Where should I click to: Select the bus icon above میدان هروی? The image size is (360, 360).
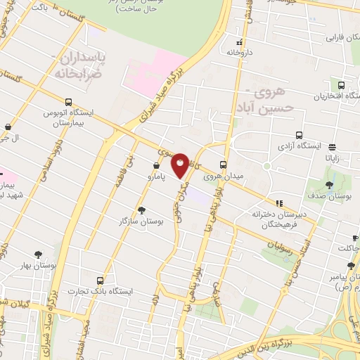tap(226, 158)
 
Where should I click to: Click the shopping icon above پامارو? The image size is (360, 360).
tap(155, 166)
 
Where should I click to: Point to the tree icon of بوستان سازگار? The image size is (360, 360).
tap(141, 210)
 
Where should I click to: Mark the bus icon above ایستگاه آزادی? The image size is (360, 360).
tap(300, 135)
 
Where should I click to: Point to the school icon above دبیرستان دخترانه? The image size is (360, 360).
tap(279, 203)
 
